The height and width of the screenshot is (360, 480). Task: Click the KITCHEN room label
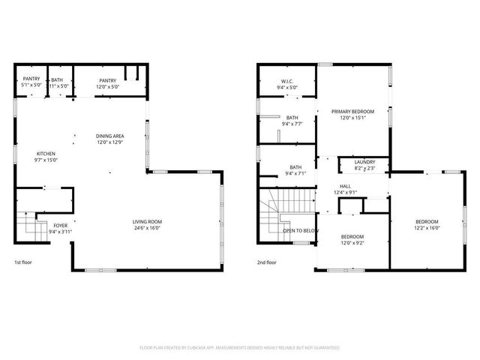(x=46, y=153)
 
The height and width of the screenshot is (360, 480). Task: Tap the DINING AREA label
(x=109, y=136)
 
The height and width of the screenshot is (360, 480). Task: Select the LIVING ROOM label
(x=147, y=221)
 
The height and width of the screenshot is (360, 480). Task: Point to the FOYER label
(x=60, y=225)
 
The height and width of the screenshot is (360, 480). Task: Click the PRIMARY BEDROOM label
(x=352, y=112)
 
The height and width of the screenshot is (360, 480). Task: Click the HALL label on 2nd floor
(x=345, y=186)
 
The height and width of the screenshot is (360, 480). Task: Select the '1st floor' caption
(x=24, y=262)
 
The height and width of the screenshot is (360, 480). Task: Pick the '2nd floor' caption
(x=267, y=262)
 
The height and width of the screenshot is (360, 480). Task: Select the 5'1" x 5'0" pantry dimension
(x=31, y=85)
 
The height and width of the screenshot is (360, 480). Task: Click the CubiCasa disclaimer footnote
(x=240, y=347)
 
